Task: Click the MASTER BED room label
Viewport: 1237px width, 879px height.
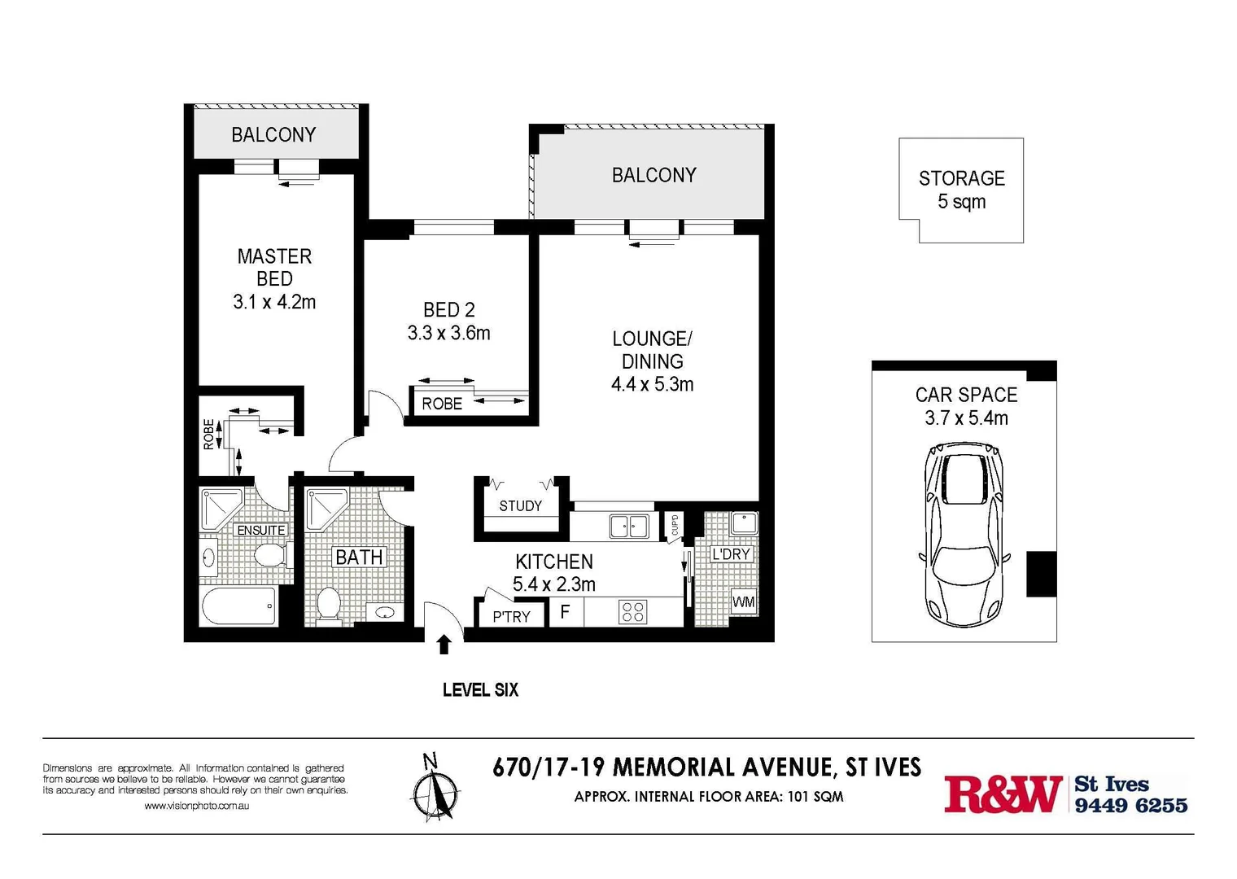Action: click(274, 268)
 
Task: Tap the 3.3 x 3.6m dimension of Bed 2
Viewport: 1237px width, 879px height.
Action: click(448, 333)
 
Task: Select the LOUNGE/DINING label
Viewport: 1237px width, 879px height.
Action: click(652, 350)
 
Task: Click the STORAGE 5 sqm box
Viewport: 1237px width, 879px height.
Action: click(961, 190)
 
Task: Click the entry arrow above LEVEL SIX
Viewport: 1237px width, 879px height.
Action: click(444, 645)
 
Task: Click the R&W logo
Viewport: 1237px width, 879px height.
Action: click(1003, 794)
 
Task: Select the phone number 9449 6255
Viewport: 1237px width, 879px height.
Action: click(1130, 805)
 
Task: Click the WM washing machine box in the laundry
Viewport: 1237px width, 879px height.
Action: click(743, 602)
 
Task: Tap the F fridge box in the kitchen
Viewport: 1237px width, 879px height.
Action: click(566, 611)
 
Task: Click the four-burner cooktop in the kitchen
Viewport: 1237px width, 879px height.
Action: click(632, 611)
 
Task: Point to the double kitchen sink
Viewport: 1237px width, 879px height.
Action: click(629, 526)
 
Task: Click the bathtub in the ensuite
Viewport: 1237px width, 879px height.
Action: click(238, 606)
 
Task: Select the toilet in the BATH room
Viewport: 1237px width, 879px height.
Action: click(328, 605)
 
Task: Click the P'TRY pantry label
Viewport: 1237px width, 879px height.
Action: click(511, 616)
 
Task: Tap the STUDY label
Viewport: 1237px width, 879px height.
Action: click(520, 506)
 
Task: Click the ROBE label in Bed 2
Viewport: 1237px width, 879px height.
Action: click(442, 404)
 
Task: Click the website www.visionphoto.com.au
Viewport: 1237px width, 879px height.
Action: click(196, 806)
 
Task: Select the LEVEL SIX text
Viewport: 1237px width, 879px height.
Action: click(480, 689)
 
